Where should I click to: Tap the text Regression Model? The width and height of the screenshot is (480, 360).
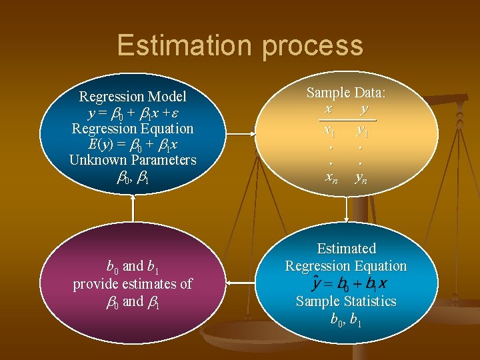pos(133,97)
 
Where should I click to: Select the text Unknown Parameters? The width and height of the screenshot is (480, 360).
pos(133,160)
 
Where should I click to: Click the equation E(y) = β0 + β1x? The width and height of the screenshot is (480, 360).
pos(133,144)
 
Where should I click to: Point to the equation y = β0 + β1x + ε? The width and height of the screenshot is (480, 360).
pos(133,113)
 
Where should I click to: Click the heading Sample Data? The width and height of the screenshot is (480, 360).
pos(346,93)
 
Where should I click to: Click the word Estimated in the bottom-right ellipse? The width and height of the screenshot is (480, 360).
pos(346,249)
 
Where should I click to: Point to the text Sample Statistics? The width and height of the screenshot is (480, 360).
pos(346,301)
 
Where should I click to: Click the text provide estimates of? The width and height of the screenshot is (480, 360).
pos(133,283)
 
